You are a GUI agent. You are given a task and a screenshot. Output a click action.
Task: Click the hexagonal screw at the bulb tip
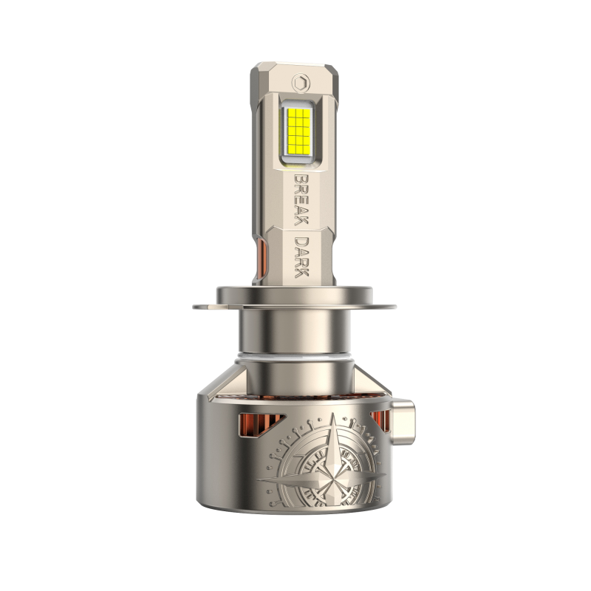301,82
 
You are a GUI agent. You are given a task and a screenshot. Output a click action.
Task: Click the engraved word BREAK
301,199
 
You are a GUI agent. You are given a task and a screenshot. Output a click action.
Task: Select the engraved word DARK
301,257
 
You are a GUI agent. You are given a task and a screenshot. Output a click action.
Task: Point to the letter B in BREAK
301,179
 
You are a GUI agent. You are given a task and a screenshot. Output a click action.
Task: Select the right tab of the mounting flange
384,307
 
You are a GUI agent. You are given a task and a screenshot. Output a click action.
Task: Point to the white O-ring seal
294,358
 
